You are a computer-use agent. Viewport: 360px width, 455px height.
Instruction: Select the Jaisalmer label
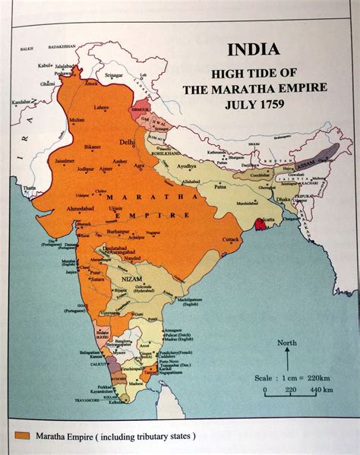[64, 160]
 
